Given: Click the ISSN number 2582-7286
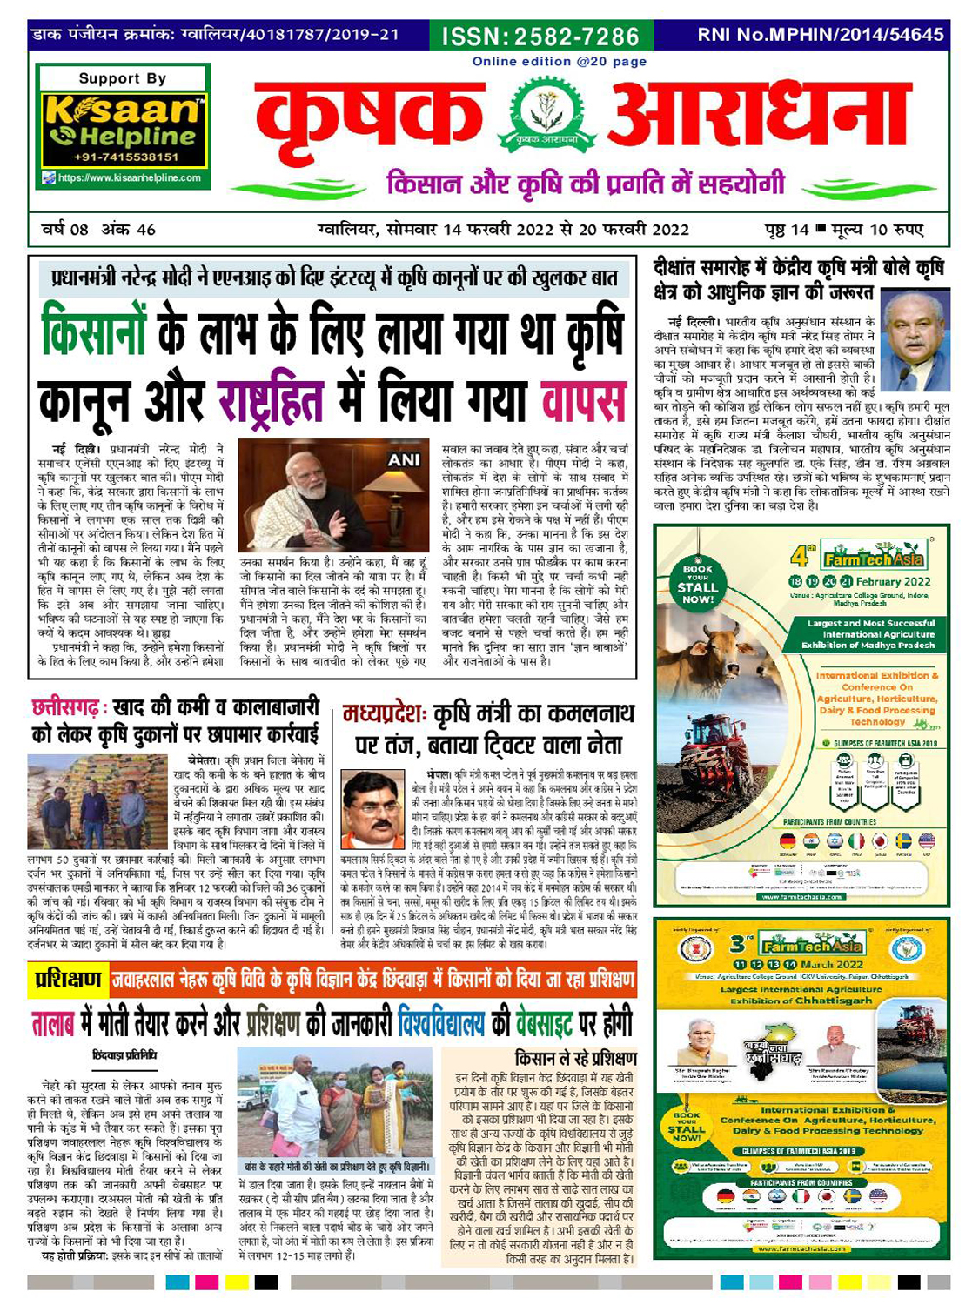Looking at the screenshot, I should [541, 37].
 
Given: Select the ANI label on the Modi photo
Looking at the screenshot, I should [403, 460].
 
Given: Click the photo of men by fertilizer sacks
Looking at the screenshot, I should [97, 800].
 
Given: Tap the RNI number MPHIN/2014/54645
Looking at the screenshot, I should [820, 35].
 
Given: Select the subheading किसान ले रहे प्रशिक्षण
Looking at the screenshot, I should [575, 1059].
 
